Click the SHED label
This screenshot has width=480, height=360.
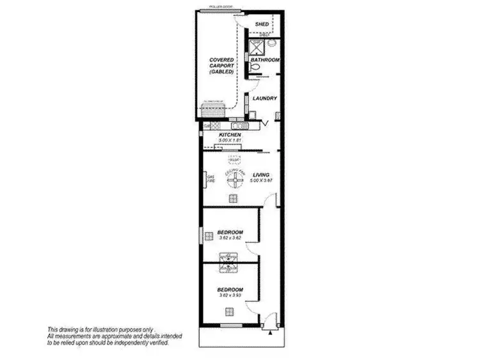(262, 24)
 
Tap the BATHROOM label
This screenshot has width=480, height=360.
(265, 60)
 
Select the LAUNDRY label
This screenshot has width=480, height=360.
(265, 98)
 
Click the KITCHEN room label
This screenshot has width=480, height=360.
(230, 136)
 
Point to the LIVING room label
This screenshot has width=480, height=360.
(260, 175)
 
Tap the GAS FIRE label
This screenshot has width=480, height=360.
(209, 179)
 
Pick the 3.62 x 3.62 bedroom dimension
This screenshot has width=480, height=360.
(230, 238)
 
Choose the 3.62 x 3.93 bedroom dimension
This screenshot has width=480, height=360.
(230, 295)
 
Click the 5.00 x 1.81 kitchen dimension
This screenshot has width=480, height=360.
(230, 141)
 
